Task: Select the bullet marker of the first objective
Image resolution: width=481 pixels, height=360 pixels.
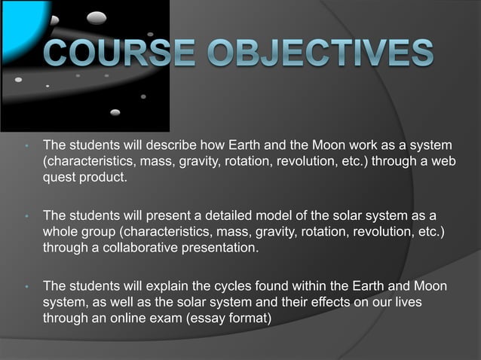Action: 27,145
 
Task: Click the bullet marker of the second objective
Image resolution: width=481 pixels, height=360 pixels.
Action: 27,216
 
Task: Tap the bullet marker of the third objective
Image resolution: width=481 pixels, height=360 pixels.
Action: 27,288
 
